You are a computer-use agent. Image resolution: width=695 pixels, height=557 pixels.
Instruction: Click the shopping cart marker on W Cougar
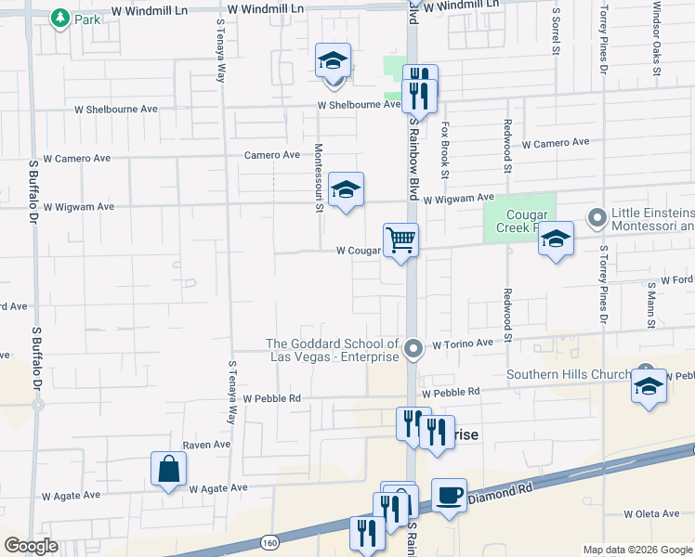tap(400, 240)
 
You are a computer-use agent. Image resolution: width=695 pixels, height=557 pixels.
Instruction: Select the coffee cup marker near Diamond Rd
tap(449, 495)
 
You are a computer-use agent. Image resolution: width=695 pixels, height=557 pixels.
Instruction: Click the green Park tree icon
tap(60, 18)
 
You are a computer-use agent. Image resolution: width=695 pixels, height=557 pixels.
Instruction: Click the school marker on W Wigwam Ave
tap(346, 190)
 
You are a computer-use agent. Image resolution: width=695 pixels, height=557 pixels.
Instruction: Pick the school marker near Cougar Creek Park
tap(556, 240)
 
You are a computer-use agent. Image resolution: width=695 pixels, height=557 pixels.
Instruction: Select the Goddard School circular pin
tap(414, 349)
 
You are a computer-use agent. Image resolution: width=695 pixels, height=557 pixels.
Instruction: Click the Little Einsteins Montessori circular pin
tap(597, 219)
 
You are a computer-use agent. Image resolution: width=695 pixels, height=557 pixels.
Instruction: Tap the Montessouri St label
tap(318, 177)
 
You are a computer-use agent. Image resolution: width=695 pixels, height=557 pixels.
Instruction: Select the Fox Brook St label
tap(445, 149)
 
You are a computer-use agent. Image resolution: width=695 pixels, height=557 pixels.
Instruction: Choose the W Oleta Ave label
tap(652, 513)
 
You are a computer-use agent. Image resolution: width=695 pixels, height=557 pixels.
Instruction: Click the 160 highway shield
tap(269, 541)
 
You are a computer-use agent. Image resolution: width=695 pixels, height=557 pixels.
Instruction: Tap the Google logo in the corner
tap(31, 546)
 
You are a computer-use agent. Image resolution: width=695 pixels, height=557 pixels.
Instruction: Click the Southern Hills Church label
tap(568, 375)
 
